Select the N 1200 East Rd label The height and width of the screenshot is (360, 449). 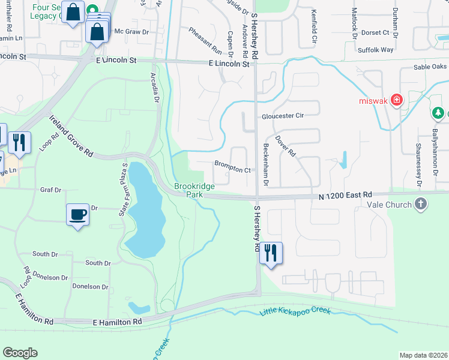click(345, 195)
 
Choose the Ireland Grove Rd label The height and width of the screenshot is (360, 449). click(71, 136)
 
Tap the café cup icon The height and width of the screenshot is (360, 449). click(78, 214)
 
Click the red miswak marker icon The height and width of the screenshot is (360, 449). click(396, 100)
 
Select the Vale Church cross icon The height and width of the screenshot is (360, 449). click(421, 204)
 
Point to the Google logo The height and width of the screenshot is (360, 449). click(20, 353)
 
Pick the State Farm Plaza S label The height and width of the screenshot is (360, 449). click(125, 182)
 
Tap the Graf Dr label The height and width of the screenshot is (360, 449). click(50, 190)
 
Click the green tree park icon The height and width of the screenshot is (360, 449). click(439, 113)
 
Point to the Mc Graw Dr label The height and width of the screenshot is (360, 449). click(131, 31)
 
